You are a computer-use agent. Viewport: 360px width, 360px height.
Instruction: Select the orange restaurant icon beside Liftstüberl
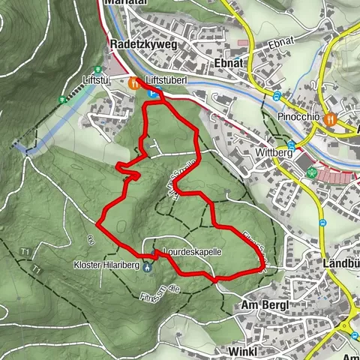point(133,84)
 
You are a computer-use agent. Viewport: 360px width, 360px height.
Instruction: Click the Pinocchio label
point(298,118)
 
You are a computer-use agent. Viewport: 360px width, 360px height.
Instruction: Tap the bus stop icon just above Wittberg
point(290,145)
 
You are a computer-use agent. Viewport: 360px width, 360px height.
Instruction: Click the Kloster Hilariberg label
point(107,265)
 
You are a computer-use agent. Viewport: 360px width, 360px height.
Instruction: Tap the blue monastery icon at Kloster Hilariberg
point(147,266)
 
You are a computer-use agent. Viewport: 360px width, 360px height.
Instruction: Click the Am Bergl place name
point(265,305)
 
